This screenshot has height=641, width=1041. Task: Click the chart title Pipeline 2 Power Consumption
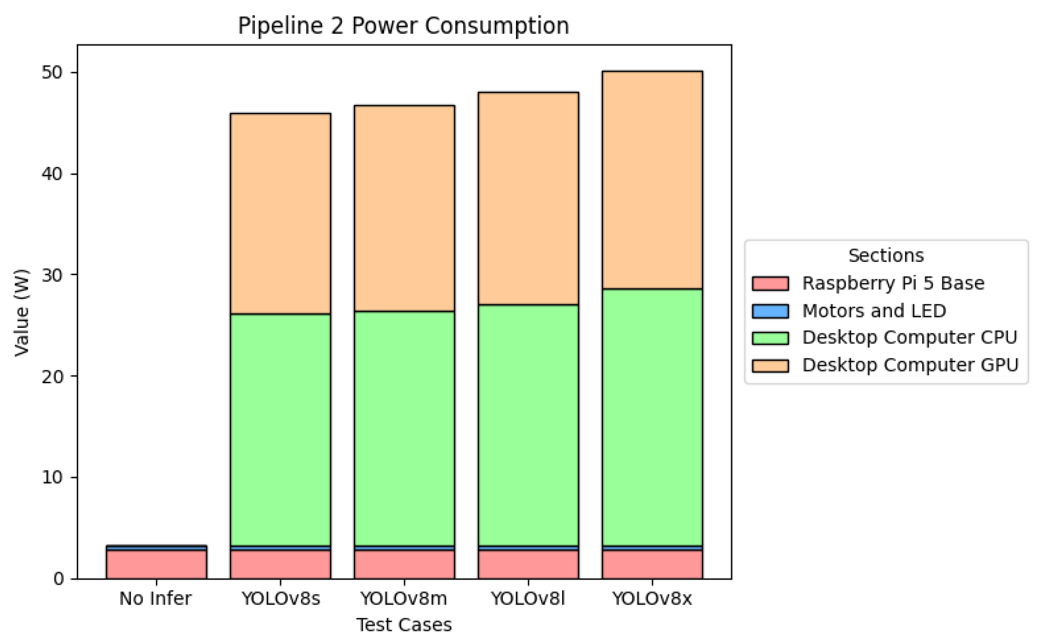403,25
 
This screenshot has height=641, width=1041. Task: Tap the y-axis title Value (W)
21,312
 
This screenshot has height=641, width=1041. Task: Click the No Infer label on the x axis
156,599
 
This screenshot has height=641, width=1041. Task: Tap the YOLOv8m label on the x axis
404,599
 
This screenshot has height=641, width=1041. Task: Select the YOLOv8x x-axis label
652,599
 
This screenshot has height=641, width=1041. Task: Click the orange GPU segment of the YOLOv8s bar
280,214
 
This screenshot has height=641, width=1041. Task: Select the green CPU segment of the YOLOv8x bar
652,417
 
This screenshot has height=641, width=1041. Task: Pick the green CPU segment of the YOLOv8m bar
404,428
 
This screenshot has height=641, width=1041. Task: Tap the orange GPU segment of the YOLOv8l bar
528,199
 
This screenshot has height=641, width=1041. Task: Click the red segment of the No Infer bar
156,564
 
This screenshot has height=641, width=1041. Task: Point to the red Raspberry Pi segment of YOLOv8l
528,564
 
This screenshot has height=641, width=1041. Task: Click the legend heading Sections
885,256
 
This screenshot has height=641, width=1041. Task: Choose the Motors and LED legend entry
874,311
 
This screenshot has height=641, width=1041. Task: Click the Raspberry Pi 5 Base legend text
893,283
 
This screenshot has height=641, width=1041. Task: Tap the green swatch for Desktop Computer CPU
770,338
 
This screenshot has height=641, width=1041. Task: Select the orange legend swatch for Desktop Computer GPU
770,366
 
